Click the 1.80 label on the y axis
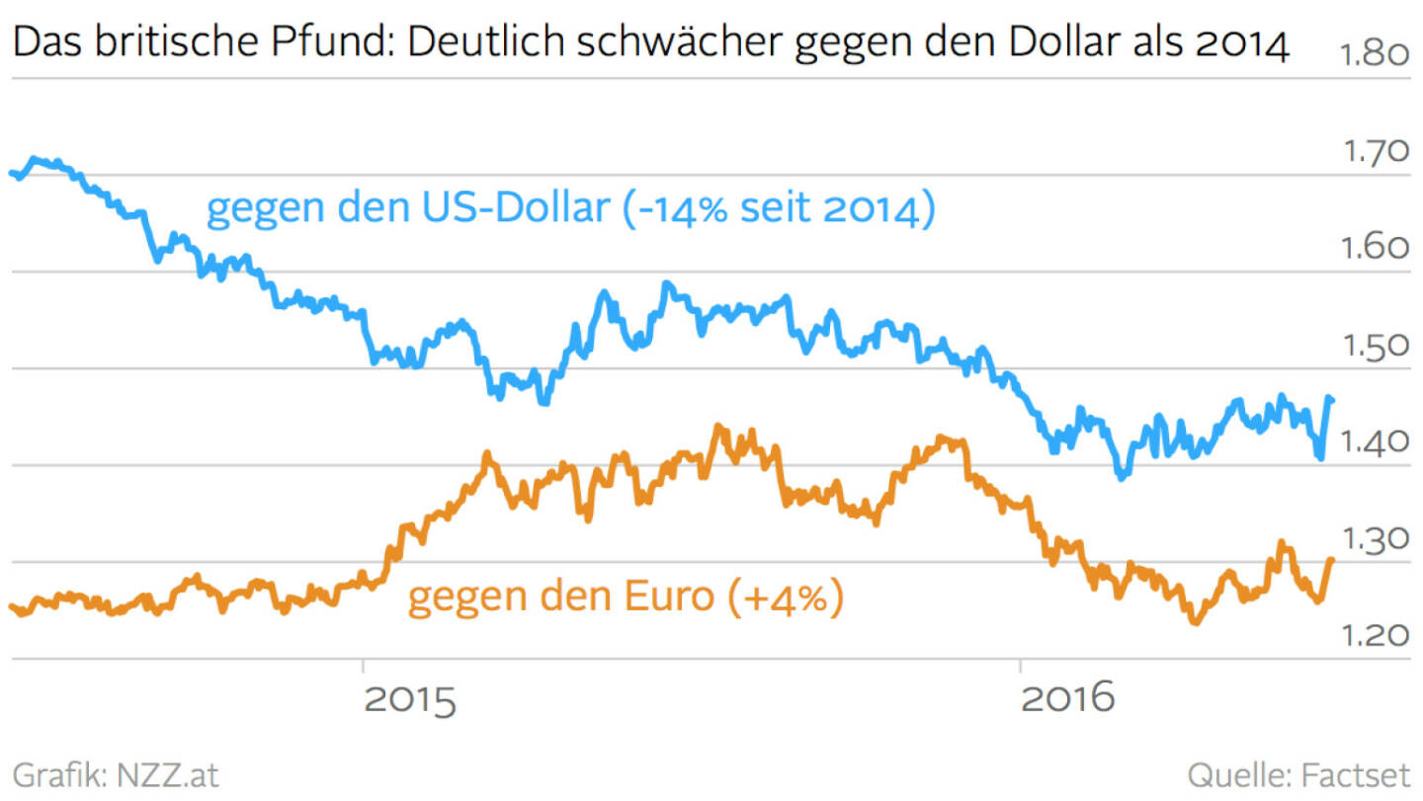(x=1374, y=55)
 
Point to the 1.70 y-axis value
(x=1374, y=151)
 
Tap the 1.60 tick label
(x=1374, y=248)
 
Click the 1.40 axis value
(x=1374, y=441)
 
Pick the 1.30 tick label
(x=1374, y=538)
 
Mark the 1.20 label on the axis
(x=1374, y=635)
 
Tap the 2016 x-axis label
(x=1068, y=698)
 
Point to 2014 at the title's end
(x=1240, y=45)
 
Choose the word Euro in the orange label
(x=665, y=597)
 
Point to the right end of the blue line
(x=1332, y=399)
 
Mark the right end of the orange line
(x=1332, y=560)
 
